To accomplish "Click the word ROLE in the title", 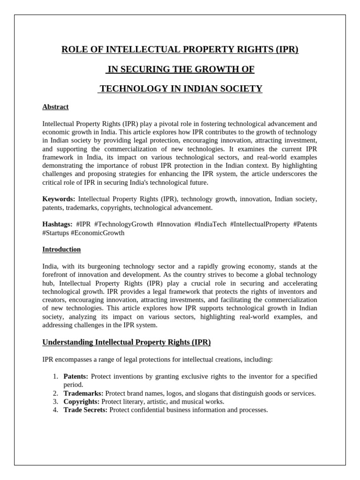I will pyautogui.click(x=74, y=50).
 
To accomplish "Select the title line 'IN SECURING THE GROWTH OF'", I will pyautogui.click(x=180, y=69).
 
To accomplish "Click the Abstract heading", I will pyautogui.click(x=55, y=107).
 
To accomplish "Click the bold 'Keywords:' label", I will pyautogui.click(x=59, y=199).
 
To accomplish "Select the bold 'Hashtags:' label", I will pyautogui.click(x=57, y=225).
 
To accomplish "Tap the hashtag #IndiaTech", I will pyautogui.click(x=210, y=225).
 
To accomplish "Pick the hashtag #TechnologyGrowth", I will pyautogui.click(x=123, y=225).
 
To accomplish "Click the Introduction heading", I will pyautogui.click(x=61, y=249).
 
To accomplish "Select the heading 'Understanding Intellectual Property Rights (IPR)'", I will pyautogui.click(x=127, y=342).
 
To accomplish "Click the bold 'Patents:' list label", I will pyautogui.click(x=75, y=376).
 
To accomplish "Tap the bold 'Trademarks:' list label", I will pyautogui.click(x=83, y=393).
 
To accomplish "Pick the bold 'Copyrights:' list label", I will pyautogui.click(x=81, y=402).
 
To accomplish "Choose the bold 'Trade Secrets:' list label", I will pyautogui.click(x=85, y=410).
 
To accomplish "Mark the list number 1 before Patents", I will pyautogui.click(x=55, y=376).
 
